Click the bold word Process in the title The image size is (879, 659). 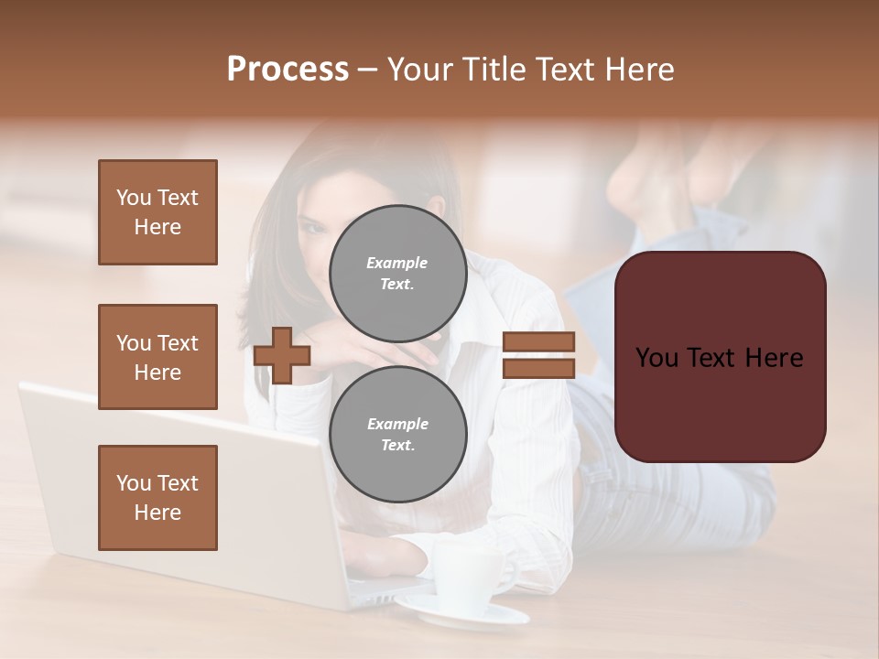[288, 70]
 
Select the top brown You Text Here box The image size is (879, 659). [157, 212]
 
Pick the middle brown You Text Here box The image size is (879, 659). [157, 357]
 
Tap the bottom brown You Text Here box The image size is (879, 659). [157, 498]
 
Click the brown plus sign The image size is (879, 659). [282, 355]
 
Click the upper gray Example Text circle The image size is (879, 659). [397, 273]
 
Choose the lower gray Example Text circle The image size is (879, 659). [397, 434]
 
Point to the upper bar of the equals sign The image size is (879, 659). [538, 341]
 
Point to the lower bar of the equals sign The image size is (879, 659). [538, 368]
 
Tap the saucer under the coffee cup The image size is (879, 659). [458, 614]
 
